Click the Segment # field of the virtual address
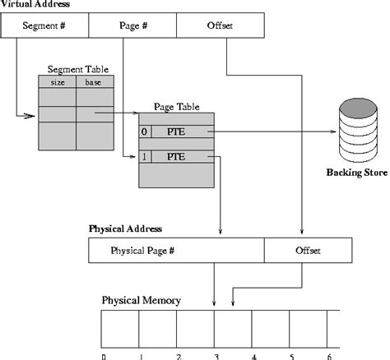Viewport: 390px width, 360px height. [x=44, y=27]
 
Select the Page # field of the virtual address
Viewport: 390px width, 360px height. [x=132, y=27]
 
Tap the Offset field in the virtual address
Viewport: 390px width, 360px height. [x=220, y=27]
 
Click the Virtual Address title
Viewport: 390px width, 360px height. [x=35, y=4]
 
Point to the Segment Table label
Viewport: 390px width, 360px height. [x=77, y=69]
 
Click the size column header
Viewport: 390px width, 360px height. [x=58, y=82]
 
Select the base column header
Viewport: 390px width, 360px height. [x=95, y=82]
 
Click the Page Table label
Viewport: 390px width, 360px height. [x=174, y=108]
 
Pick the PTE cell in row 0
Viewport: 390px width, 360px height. [x=182, y=132]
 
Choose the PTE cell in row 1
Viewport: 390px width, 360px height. [x=182, y=155]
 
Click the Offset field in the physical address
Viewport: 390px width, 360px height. [x=308, y=250]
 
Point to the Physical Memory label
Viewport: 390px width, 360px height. [x=142, y=300]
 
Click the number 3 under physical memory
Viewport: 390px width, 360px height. [x=216, y=357]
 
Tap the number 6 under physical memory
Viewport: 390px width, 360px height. [x=329, y=357]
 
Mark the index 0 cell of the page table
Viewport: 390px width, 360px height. [x=145, y=132]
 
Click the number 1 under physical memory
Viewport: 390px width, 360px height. [x=141, y=357]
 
